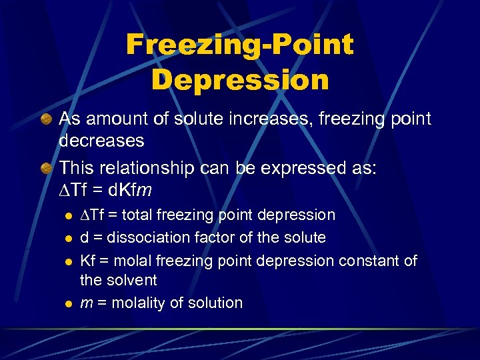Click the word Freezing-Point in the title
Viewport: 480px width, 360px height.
pos(239,45)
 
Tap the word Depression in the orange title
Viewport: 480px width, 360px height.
pos(240,80)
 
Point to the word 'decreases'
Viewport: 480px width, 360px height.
pos(101,140)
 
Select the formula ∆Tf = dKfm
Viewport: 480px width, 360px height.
pos(106,190)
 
